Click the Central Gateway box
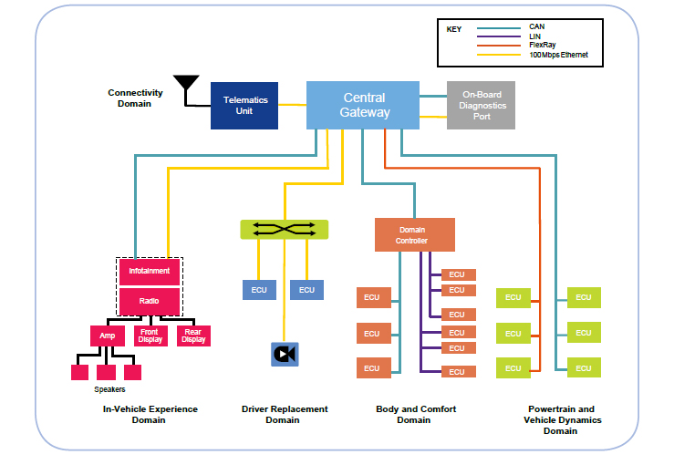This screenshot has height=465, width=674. coord(363,105)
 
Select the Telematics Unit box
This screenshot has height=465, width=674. coord(244,106)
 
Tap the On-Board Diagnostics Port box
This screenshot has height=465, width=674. coord(481,105)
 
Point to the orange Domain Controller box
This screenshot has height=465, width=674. coord(415,234)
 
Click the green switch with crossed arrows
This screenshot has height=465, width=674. coord(285,230)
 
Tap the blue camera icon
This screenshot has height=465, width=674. coord(285,354)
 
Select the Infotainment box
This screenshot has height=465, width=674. coord(150,271)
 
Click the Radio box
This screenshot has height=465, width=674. coord(150,301)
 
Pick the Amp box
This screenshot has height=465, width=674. coord(108,336)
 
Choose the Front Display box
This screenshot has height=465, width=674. coord(150,336)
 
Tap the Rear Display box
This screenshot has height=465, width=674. coord(193,336)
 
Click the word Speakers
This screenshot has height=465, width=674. coord(109,389)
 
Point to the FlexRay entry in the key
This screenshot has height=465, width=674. coord(543,45)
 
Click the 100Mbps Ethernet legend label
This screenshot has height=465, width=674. coord(558,55)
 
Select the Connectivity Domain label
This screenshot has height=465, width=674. coord(135,98)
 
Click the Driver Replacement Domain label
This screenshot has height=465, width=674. coord(285,414)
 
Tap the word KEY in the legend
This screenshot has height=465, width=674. coord(454,29)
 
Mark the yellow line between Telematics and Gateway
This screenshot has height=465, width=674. coord(292,105)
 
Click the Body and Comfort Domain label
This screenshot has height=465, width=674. coord(416,414)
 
